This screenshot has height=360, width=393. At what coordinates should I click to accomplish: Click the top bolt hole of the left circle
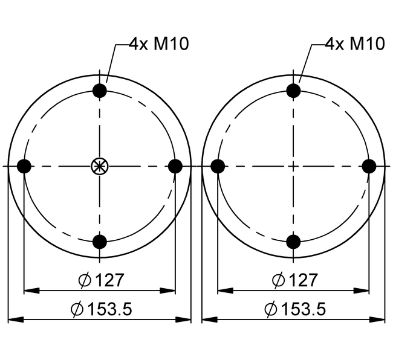click(100, 91)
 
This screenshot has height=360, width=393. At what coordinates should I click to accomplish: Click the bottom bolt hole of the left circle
click(100, 242)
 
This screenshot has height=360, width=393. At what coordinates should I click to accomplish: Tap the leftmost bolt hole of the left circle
click(24, 166)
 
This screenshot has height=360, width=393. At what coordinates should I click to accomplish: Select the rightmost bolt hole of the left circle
click(175, 166)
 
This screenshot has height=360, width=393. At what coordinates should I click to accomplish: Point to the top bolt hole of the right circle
click(293, 91)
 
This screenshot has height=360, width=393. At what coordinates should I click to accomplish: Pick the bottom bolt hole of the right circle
click(293, 242)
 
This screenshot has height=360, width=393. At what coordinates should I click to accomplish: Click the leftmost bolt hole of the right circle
click(218, 166)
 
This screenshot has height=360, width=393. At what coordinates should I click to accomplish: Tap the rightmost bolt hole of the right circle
click(369, 166)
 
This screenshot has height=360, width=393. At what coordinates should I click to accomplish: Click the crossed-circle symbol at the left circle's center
click(100, 166)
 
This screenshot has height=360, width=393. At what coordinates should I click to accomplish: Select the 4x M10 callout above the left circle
click(159, 44)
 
